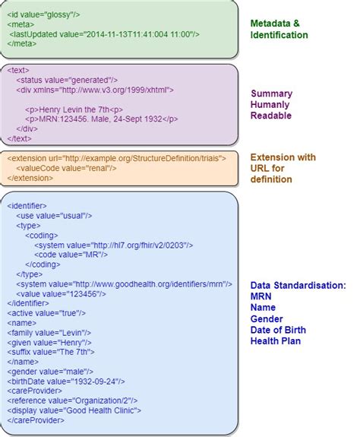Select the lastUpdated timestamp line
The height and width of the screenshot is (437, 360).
[x=106, y=34]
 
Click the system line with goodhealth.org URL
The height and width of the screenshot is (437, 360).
[x=107, y=283]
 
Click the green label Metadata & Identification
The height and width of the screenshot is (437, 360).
[x=279, y=29]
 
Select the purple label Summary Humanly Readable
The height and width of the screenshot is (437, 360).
[x=271, y=105]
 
